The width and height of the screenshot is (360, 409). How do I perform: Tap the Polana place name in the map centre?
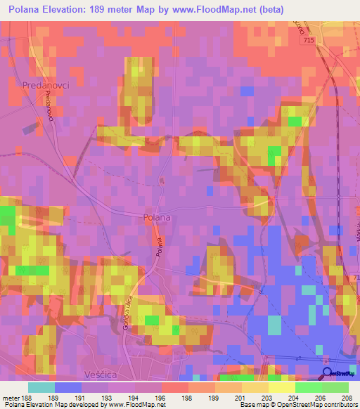tap(156, 217)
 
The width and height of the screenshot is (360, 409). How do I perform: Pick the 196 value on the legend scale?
tap(160, 397)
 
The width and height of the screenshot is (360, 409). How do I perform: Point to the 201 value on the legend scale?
tap(240, 397)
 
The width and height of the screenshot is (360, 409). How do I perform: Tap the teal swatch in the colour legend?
tap(41, 387)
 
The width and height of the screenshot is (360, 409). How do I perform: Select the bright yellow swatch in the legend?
tap(281, 387)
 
